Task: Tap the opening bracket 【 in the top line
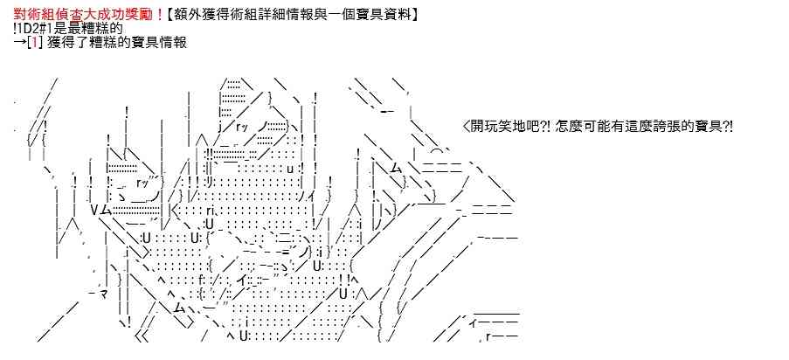[x=170, y=15]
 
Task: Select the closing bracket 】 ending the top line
[x=412, y=15]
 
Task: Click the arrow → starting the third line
[x=19, y=42]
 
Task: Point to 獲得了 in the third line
[x=66, y=42]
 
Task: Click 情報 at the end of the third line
[x=174, y=42]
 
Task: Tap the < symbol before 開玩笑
[x=466, y=127]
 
